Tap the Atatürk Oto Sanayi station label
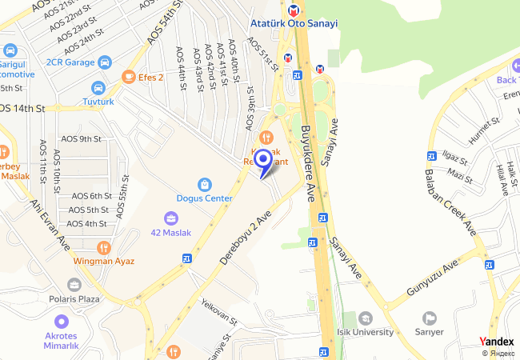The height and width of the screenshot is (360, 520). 294,24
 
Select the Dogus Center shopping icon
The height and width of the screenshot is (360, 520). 205,182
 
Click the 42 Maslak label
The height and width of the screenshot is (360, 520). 171,233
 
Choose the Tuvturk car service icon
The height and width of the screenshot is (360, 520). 98,87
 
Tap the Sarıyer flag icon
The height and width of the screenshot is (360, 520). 430,318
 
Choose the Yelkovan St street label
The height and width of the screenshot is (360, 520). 219,314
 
